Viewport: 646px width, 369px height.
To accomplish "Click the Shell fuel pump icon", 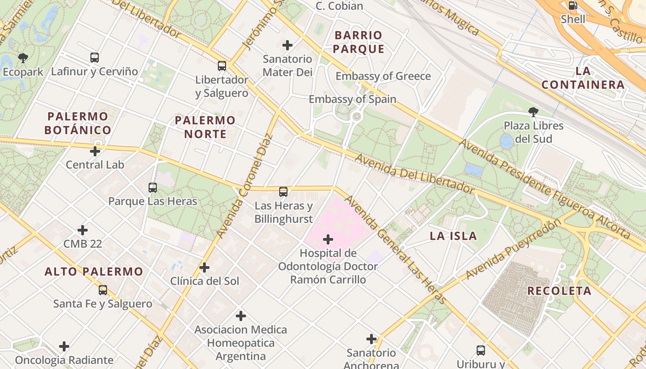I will tap(573, 6).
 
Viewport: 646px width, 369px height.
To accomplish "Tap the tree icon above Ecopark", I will tap(23, 58).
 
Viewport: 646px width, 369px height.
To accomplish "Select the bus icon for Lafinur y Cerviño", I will tap(95, 58).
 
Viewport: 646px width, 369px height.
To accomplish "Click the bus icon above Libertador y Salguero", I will tap(222, 65).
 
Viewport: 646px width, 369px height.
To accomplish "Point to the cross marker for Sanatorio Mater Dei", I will tap(287, 45).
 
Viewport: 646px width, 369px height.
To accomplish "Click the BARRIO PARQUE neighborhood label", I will tap(359, 42).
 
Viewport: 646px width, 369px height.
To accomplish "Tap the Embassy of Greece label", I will tap(383, 76).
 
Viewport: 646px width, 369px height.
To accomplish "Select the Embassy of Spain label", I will tap(352, 99).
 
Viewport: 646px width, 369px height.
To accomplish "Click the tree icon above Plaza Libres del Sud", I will tap(533, 111).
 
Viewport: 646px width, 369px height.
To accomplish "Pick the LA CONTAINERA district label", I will tap(583, 78).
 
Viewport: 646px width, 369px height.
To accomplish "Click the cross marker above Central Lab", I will tap(95, 151).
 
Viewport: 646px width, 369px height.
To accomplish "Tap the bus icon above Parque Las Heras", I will tap(153, 187).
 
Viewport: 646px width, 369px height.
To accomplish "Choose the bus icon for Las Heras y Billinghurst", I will tap(283, 191).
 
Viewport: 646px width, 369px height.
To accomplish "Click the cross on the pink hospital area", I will tap(328, 239).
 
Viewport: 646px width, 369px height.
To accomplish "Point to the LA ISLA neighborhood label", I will tap(453, 236).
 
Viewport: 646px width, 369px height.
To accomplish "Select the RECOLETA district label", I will tap(559, 291).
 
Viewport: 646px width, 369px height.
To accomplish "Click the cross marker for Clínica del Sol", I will tap(204, 268).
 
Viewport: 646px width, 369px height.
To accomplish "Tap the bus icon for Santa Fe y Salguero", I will tap(103, 290).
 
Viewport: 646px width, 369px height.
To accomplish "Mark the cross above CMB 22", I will tap(83, 230).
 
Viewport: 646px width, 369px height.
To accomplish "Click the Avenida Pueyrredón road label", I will tap(513, 249).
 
